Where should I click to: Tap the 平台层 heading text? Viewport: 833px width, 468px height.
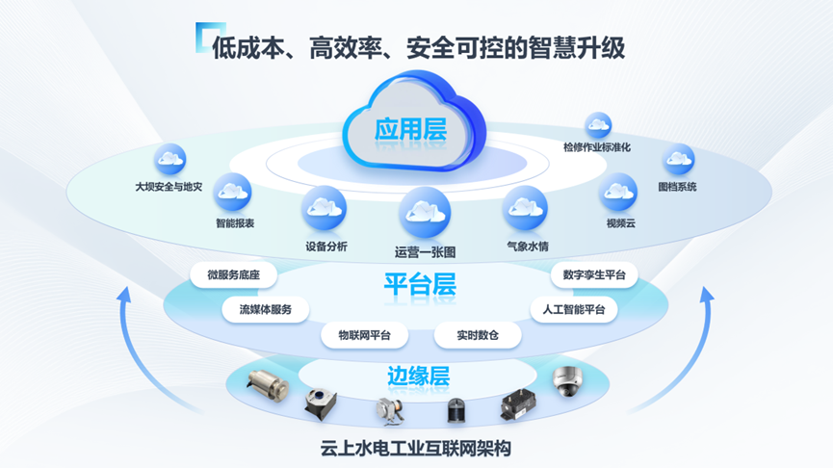click(x=419, y=285)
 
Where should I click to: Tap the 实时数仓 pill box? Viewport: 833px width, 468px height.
click(x=478, y=335)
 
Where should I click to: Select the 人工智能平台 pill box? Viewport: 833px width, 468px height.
click(x=574, y=310)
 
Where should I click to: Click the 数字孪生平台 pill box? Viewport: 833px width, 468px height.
click(x=594, y=275)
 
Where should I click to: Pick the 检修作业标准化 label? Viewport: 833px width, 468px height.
click(x=597, y=148)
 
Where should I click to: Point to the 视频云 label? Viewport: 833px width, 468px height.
click(x=621, y=223)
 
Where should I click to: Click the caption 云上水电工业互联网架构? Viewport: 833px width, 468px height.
click(x=416, y=448)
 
